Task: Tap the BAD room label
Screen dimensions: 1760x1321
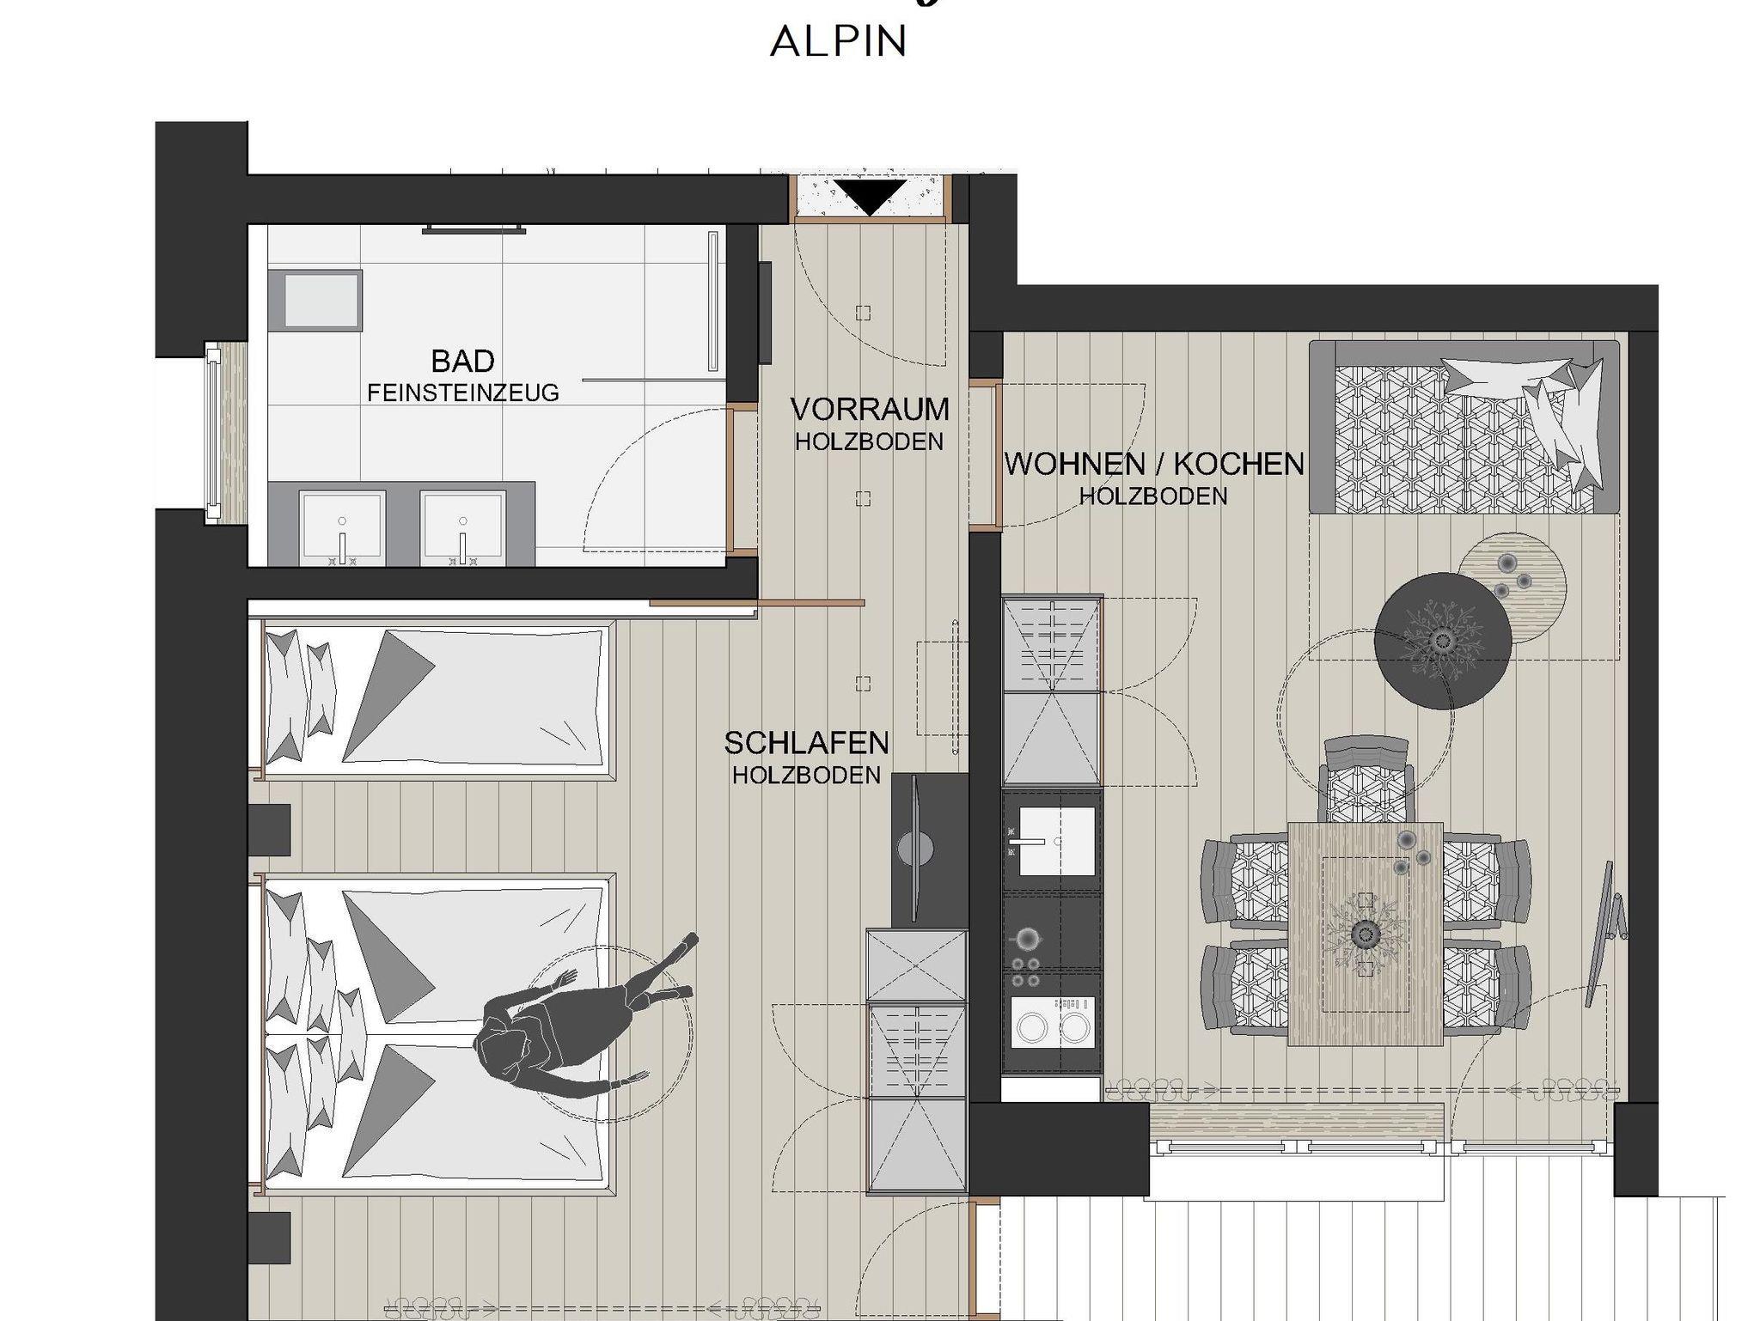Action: (462, 361)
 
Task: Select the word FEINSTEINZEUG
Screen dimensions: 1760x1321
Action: (463, 393)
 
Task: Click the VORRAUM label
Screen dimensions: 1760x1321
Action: (870, 410)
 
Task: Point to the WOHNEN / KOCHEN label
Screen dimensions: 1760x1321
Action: (1154, 464)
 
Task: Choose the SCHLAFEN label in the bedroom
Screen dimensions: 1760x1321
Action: (806, 743)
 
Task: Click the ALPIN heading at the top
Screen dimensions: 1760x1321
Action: (839, 41)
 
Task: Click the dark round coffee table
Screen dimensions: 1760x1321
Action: (1442, 641)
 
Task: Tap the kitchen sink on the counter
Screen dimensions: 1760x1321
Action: (1051, 839)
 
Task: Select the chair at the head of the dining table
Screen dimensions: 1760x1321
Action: (1366, 779)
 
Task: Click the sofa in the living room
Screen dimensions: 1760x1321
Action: (1464, 427)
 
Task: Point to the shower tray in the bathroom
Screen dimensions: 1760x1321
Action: (315, 300)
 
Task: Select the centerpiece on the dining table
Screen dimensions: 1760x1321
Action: (1365, 933)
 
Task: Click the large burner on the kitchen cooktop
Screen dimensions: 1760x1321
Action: (1028, 939)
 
